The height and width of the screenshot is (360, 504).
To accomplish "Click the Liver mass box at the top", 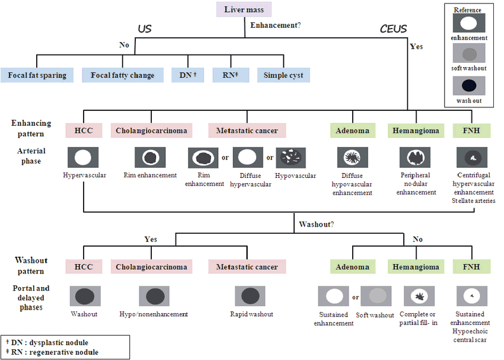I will pos(244,9).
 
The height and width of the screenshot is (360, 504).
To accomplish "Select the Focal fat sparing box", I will pos(37,75).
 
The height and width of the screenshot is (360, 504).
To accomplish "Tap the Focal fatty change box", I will pos(122,75).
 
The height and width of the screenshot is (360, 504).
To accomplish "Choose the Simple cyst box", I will pos(283,75).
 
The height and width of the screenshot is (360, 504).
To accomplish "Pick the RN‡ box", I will pos(230,75).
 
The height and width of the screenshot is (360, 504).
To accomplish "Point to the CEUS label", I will pos(394,28).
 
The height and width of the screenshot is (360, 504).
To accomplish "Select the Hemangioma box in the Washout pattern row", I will pos(415,267).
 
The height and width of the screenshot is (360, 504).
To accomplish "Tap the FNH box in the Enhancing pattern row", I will pos(472,130).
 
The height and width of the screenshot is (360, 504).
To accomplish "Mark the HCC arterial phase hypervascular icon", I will pos(83,157).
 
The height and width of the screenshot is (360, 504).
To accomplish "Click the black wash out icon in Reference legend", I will pos(468,87).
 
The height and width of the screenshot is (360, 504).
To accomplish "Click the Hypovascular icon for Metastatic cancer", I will pos(291,157).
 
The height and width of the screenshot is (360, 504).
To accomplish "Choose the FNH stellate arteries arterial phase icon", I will pos(472,157).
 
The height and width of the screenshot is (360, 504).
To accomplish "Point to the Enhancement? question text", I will pos(276,26).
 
